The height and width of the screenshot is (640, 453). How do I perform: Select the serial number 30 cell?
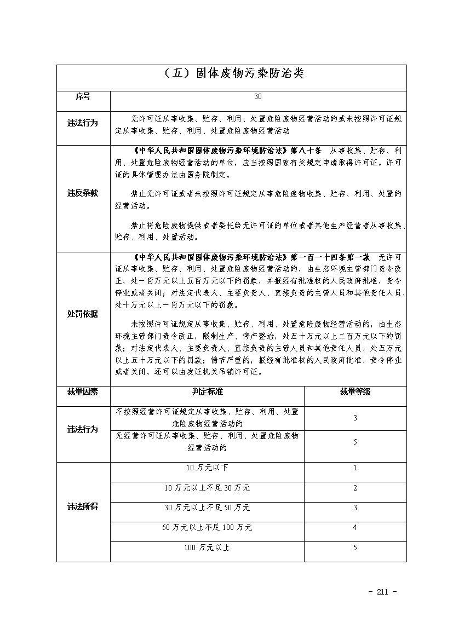point(258,97)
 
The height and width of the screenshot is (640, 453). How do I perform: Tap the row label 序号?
point(83,97)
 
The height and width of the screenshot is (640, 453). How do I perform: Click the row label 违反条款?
point(83,193)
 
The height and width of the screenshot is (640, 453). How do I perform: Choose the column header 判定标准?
point(207,392)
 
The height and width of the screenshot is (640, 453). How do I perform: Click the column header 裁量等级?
point(355,392)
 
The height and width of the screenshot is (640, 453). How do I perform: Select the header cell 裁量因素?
point(83,392)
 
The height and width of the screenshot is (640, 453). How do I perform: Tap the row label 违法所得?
point(83,508)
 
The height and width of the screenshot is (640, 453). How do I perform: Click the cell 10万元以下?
point(207,468)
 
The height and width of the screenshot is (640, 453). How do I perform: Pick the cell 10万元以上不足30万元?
point(207,488)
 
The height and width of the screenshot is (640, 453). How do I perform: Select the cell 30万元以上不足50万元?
point(207,508)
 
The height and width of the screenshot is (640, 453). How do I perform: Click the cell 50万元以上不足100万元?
point(207,528)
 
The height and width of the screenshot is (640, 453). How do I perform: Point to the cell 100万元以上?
point(207,547)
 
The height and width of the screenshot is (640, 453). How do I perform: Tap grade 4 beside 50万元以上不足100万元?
point(355,528)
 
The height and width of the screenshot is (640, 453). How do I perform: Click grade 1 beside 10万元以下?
point(355,468)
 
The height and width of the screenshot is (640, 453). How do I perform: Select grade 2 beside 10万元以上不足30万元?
point(355,488)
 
